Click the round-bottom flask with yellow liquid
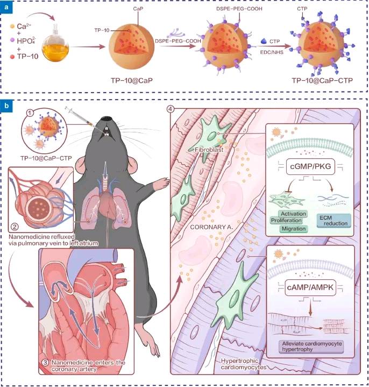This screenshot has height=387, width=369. tap(55, 45)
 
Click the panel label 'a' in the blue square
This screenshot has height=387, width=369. tap(6, 7)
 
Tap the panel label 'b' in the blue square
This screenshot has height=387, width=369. tap(6, 105)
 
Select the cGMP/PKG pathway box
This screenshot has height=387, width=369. tap(310, 166)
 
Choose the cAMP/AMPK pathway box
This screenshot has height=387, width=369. tap(310, 287)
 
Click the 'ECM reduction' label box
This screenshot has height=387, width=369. tap(333, 221)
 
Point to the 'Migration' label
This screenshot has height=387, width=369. tap(294, 229)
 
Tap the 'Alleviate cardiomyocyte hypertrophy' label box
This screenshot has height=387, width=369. tap(312, 347)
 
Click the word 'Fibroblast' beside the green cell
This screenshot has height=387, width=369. tap(209, 150)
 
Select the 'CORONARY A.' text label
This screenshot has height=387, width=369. tap(211, 227)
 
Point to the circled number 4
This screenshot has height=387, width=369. tap(171, 109)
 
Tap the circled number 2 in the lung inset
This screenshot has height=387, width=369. tap(15, 226)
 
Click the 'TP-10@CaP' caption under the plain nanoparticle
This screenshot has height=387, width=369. tap(132, 80)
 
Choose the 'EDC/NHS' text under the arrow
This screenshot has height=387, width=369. tap(272, 52)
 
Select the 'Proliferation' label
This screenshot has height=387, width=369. tap(286, 220)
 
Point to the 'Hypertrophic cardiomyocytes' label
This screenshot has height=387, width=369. tap(244, 364)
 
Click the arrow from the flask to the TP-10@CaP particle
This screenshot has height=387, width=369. tap(88, 47)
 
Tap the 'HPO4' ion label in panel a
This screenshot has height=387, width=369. tap(26, 41)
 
